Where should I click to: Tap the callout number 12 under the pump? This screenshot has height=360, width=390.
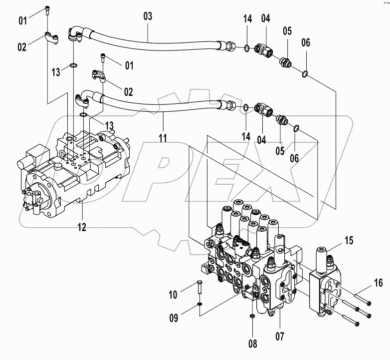click(81, 227)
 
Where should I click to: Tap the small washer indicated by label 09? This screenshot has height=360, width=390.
click(199, 305)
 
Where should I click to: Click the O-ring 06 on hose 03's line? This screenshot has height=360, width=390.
click(305, 75)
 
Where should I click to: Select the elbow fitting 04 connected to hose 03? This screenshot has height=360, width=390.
click(263, 50)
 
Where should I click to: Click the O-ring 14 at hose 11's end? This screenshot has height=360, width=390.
click(246, 107)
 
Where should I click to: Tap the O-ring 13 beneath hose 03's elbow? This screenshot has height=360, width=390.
click(73, 65)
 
